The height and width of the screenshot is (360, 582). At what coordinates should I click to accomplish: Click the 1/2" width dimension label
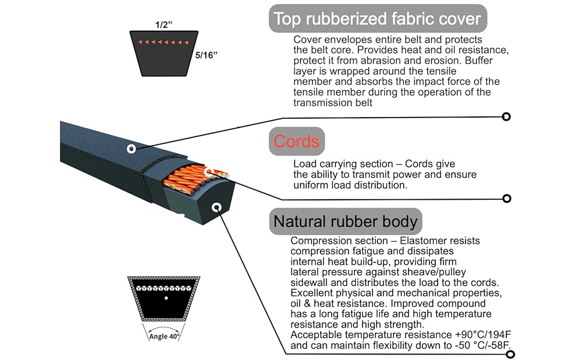point(164,25)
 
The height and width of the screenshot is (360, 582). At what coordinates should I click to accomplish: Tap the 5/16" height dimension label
point(206,55)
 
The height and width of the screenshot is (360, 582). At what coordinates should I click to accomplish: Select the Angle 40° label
point(164,336)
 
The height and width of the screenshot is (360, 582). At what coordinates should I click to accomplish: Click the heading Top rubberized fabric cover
point(377,19)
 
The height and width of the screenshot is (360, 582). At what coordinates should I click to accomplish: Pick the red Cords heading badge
point(296,142)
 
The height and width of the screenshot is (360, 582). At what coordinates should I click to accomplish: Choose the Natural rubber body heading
point(346,221)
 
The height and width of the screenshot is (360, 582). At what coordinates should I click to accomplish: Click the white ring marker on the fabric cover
point(131,149)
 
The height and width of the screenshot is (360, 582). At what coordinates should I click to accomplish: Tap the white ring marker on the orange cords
point(209,172)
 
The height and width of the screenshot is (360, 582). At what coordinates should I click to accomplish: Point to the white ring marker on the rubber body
point(217,207)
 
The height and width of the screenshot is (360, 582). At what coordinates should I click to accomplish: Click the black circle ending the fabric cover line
point(506,116)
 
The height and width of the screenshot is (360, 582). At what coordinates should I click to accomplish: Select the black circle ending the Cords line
point(506,199)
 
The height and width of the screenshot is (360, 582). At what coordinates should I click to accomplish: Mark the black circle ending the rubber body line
point(511,355)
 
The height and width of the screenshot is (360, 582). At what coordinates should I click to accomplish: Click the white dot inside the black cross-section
point(166,298)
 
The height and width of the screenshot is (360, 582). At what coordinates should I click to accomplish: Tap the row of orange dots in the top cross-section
point(164,43)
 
